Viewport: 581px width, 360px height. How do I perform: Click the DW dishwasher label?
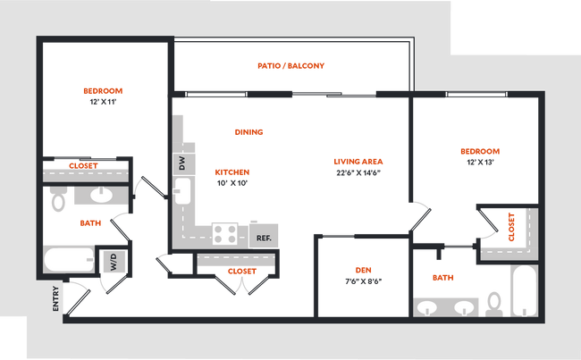tap(181, 164)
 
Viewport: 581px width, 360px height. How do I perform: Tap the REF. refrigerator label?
tap(264, 238)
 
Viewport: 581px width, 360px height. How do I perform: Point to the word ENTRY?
tap(56, 297)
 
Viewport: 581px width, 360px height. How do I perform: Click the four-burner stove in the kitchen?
tap(225, 235)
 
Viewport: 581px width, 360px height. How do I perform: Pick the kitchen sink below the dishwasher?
tap(182, 190)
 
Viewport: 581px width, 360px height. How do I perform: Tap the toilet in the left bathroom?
tap(59, 200)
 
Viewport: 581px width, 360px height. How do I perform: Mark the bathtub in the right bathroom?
tap(522, 289)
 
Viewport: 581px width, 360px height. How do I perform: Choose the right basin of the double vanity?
tap(463, 307)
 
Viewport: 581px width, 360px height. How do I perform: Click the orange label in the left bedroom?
tap(103, 90)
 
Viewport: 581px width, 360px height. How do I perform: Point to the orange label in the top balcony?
tap(291, 65)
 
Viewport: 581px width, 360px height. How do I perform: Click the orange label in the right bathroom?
tap(442, 278)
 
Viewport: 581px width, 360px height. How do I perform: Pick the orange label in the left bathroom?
tap(88, 222)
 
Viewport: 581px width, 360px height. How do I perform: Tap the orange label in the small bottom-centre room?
tap(363, 269)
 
